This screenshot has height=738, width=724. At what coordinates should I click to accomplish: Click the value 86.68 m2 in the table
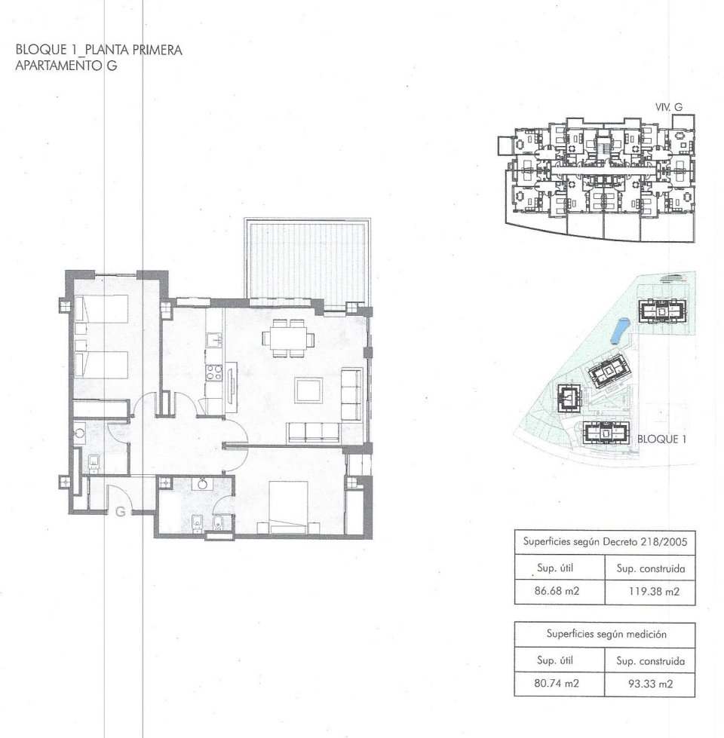(x=557, y=591)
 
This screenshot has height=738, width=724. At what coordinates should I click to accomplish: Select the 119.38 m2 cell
(x=649, y=591)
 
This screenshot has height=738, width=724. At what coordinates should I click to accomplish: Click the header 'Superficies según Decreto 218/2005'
(x=603, y=542)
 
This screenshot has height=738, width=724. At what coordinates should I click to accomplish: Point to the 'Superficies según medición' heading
(x=603, y=635)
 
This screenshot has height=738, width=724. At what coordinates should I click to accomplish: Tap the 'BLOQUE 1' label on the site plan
(x=661, y=437)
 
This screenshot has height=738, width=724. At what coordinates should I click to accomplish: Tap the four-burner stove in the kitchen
(x=212, y=372)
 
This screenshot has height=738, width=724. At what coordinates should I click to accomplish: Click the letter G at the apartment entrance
(x=119, y=512)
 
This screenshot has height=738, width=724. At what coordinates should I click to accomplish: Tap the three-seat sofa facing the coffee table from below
(x=314, y=432)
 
